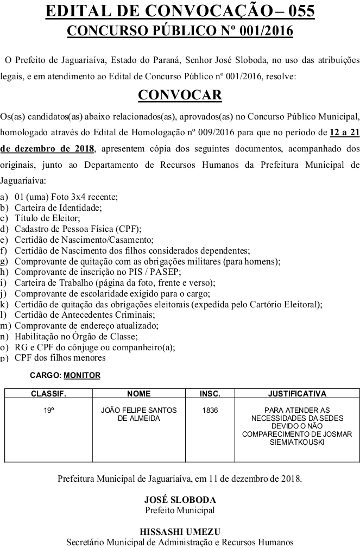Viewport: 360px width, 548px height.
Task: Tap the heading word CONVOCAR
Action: coord(180,95)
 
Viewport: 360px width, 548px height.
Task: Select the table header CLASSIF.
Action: coord(48,393)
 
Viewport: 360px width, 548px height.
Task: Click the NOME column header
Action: coord(138,393)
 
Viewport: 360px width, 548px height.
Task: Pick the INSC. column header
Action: coord(210,393)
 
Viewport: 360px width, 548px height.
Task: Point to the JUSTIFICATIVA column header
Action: coord(297,393)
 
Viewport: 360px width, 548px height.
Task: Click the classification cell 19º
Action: coord(49,411)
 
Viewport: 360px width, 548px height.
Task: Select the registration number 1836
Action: coord(210,411)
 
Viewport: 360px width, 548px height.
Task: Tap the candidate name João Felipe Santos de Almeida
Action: coord(138,414)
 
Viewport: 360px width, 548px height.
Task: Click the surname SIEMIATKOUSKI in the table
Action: coord(297,443)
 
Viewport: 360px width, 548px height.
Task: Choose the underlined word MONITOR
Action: coord(82,375)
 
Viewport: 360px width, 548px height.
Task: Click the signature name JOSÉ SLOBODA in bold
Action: coord(180,500)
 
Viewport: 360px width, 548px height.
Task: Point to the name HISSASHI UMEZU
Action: coord(180,532)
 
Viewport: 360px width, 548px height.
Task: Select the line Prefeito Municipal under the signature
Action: coord(180,510)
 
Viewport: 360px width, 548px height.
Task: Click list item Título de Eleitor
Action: coord(47,218)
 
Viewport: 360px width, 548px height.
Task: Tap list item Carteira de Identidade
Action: coord(58,207)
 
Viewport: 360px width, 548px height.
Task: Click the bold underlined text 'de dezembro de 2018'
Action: coord(48,148)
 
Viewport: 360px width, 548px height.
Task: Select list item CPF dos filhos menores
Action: coord(60,357)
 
